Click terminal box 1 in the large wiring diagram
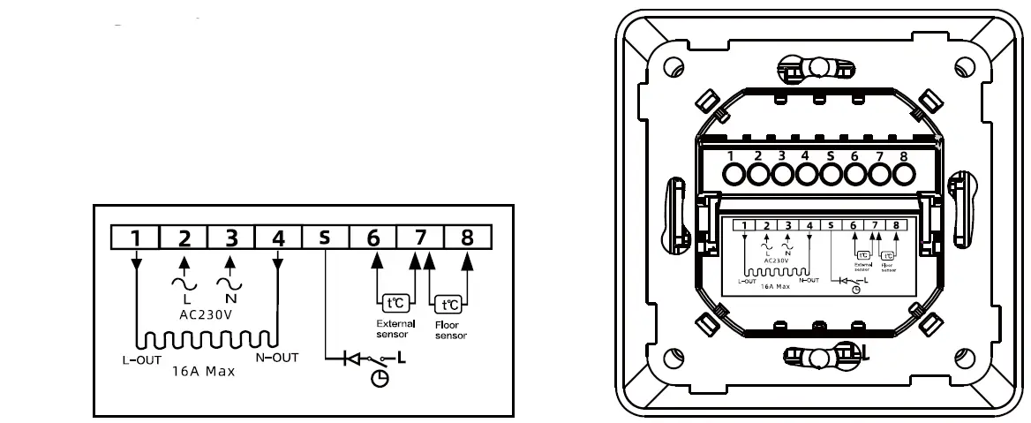pyautogui.click(x=134, y=237)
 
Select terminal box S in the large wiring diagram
pyautogui.click(x=325, y=237)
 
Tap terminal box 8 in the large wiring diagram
pyautogui.click(x=467, y=237)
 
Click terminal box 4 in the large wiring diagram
pyautogui.click(x=277, y=237)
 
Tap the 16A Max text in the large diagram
pyautogui.click(x=202, y=372)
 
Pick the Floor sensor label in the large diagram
pyautogui.click(x=451, y=330)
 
